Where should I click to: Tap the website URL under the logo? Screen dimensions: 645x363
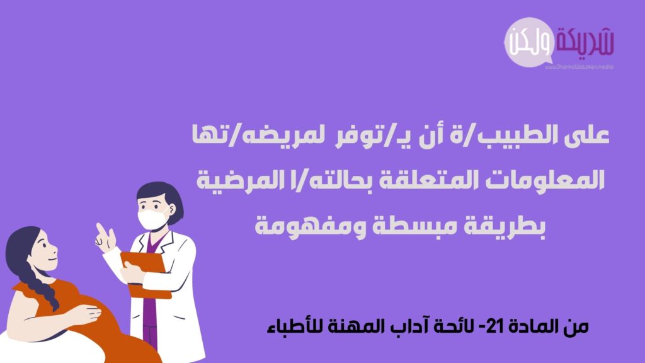[x=579, y=67]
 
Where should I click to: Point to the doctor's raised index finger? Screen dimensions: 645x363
[x=100, y=229]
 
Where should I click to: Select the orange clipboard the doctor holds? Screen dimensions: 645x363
[x=146, y=274]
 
